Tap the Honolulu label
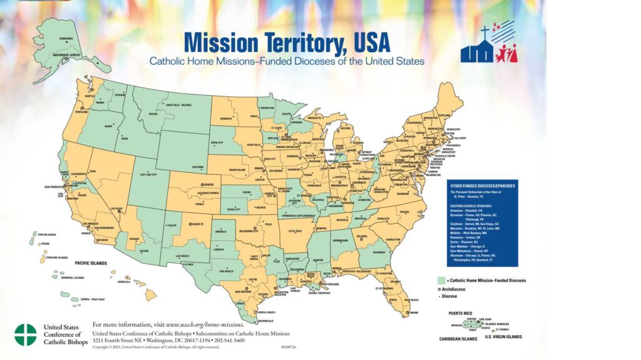pyautogui.click(x=125, y=282)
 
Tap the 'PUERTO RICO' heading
pyautogui.click(x=462, y=311)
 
